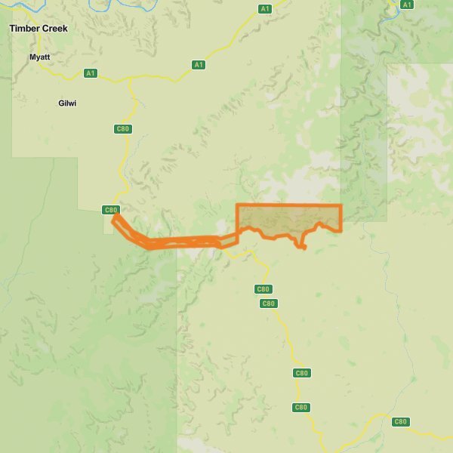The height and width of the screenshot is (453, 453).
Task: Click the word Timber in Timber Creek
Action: (x=24, y=29)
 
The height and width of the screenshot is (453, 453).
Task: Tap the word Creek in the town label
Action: (x=54, y=29)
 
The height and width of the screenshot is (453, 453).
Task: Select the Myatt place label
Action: (x=39, y=57)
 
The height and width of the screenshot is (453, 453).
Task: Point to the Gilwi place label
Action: (x=67, y=103)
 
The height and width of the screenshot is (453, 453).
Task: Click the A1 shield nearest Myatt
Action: (x=91, y=73)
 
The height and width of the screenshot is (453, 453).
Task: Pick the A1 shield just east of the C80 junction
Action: (x=199, y=65)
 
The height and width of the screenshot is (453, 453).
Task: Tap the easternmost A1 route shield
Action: (x=407, y=5)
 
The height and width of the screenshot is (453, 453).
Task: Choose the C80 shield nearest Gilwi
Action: (x=123, y=129)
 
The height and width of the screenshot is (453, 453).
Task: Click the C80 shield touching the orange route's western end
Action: (x=110, y=210)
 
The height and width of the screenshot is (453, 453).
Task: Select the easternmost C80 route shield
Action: (x=401, y=421)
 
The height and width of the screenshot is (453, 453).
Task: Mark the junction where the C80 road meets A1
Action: (x=131, y=78)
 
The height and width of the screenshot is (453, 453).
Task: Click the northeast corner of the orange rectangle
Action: (x=341, y=205)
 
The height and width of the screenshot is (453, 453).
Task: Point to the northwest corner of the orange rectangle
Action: (x=238, y=205)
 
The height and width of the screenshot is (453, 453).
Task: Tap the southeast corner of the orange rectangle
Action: (x=341, y=230)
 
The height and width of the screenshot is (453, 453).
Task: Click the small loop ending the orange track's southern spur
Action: (x=303, y=246)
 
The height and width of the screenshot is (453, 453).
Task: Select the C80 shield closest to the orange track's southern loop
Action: (x=263, y=289)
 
